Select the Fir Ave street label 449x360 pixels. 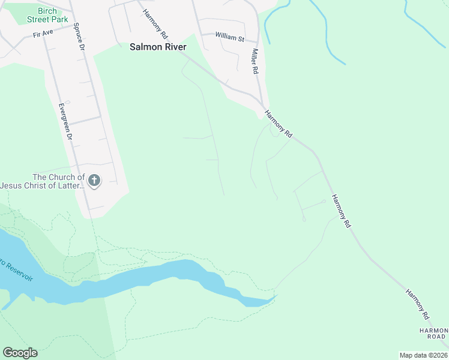pyautogui.click(x=44, y=34)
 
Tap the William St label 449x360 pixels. pyautogui.click(x=230, y=37)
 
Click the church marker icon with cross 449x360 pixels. pyautogui.click(x=94, y=180)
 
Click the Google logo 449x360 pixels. pyautogui.click(x=20, y=353)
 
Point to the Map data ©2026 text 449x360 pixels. pyautogui.click(x=423, y=355)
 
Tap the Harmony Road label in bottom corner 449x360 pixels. pyautogui.click(x=433, y=333)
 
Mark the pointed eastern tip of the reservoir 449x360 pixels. pyautogui.click(x=277, y=295)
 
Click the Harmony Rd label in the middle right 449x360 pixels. pyautogui.click(x=340, y=211)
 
